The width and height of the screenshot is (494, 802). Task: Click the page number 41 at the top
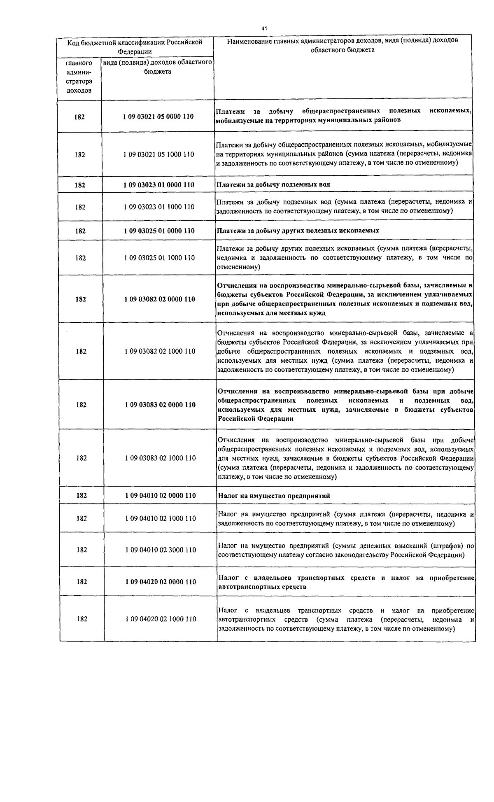pyautogui.click(x=264, y=28)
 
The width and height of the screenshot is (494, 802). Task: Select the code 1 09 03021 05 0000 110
pyautogui.click(x=158, y=117)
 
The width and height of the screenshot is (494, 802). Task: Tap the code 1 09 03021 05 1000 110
pyautogui.click(x=158, y=155)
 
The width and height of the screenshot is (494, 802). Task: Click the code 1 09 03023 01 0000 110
pyautogui.click(x=158, y=185)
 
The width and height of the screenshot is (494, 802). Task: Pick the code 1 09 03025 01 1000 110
pyautogui.click(x=159, y=258)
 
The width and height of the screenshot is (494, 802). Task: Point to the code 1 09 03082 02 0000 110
pyautogui.click(x=159, y=299)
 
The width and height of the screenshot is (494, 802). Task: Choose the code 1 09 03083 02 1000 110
pyautogui.click(x=160, y=458)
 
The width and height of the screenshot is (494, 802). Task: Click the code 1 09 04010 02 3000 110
pyautogui.click(x=161, y=550)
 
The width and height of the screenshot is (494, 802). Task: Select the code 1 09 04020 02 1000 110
pyautogui.click(x=161, y=619)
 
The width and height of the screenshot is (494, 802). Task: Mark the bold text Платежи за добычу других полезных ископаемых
pyautogui.click(x=298, y=231)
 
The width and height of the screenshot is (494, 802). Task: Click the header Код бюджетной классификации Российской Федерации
pyautogui.click(x=135, y=47)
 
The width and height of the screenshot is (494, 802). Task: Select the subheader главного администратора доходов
pyautogui.click(x=79, y=77)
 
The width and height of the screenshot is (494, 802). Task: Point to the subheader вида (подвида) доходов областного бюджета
pyautogui.click(x=157, y=67)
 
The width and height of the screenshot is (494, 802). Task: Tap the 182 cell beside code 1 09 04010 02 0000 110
pyautogui.click(x=82, y=496)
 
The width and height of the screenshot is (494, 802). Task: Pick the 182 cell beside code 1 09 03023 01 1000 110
pyautogui.click(x=80, y=207)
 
